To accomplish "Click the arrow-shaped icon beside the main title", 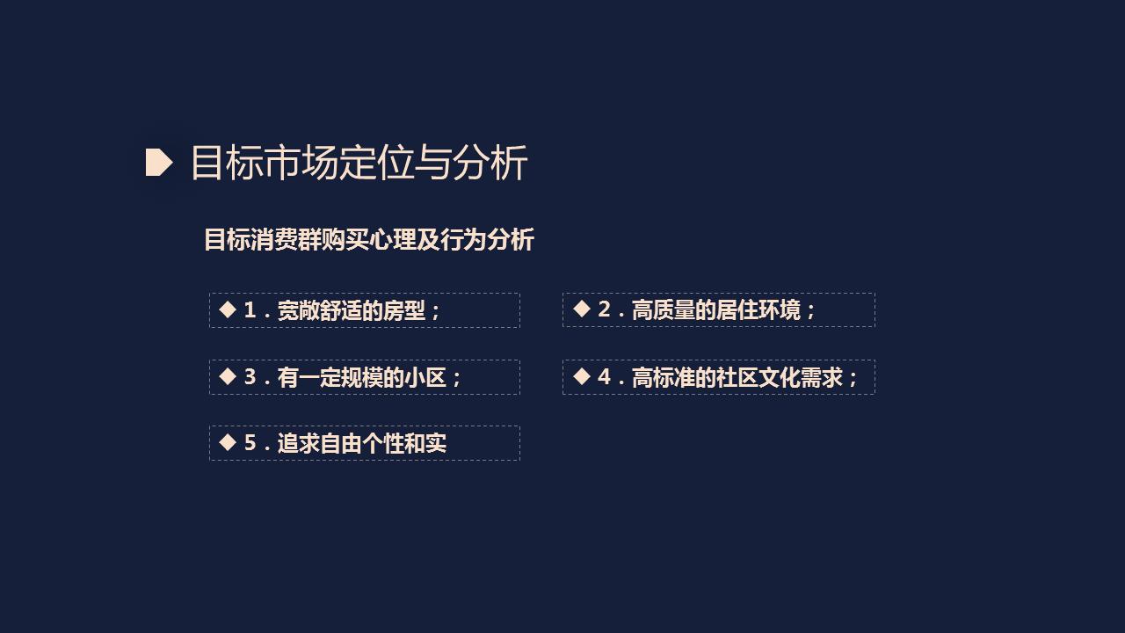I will click(158, 163).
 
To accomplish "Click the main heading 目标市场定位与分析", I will click(359, 164).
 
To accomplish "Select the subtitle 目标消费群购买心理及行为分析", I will click(368, 240).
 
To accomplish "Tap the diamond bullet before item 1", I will click(228, 309).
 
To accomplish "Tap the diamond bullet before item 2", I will click(581, 309).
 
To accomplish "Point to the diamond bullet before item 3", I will click(228, 376).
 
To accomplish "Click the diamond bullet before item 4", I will click(581, 376).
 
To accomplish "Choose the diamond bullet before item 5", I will click(228, 442).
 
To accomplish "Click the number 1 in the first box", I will click(250, 310).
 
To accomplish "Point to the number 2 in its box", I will click(604, 309).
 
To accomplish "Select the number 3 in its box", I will click(250, 377).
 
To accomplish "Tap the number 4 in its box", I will click(604, 377).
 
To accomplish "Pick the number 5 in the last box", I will click(250, 443).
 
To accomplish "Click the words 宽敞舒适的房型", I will click(352, 310).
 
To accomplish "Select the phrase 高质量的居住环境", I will click(716, 309).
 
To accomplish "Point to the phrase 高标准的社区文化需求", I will click(737, 377).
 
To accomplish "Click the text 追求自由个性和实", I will click(362, 443).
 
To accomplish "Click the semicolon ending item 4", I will click(853, 379).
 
